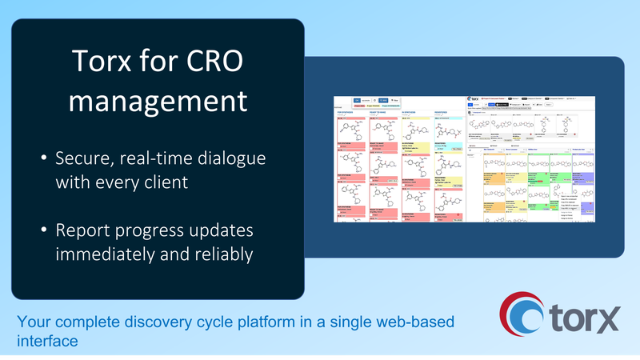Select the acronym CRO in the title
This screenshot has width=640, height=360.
(x=215, y=62)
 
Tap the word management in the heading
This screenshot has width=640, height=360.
(x=158, y=102)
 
